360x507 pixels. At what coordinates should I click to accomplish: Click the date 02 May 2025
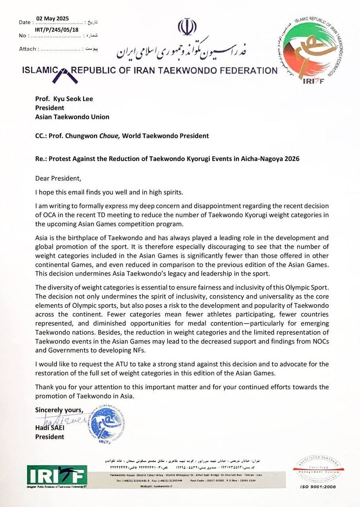coord(53,18)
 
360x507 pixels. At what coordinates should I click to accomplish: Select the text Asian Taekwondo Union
coord(72,117)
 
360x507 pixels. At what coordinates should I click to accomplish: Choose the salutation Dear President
coord(58,179)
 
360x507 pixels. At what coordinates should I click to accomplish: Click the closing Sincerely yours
coord(59,410)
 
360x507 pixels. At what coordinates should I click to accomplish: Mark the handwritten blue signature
coord(64,420)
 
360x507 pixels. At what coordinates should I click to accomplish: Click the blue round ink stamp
coord(106,425)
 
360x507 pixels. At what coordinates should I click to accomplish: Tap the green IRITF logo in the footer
coord(57,475)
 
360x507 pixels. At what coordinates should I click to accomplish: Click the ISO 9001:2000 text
coord(318,487)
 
